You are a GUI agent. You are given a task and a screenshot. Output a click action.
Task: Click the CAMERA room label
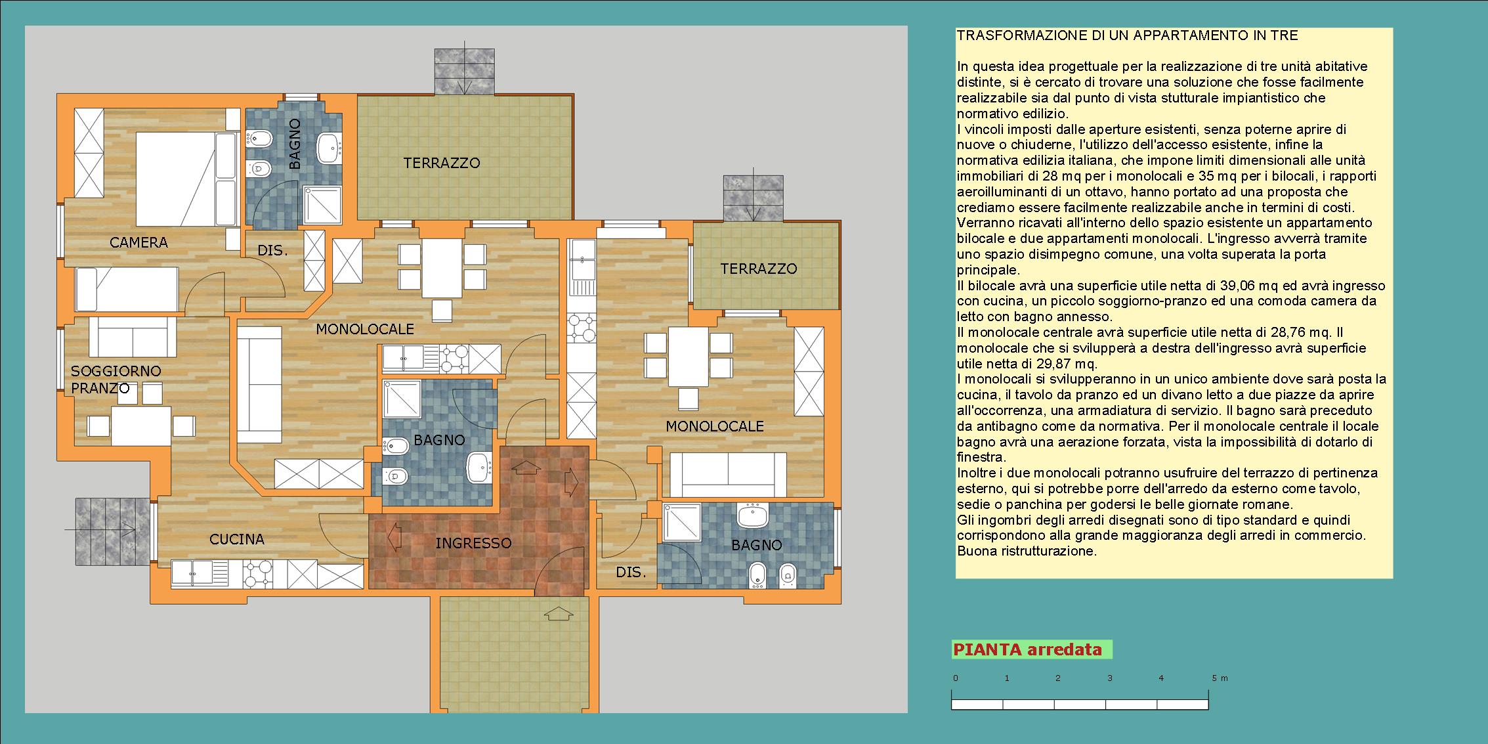pos(138,242)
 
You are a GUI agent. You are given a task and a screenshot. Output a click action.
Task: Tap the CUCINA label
pos(237,539)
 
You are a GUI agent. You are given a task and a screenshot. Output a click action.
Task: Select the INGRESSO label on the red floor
pos(473,543)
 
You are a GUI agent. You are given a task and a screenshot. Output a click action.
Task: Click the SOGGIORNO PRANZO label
pos(116,380)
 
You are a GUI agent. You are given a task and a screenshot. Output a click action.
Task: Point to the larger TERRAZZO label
pos(442,163)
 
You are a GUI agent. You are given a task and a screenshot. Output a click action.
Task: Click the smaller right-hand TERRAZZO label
pos(759,269)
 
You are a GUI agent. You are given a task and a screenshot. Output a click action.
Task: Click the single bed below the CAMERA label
pos(127,288)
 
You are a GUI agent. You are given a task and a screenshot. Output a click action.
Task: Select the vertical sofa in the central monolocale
pos(259,385)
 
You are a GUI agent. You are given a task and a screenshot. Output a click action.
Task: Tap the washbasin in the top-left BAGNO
pos(328,148)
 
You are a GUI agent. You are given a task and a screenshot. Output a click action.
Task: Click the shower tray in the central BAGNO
pos(402,398)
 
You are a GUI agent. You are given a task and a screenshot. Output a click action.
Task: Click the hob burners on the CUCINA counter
pos(258,573)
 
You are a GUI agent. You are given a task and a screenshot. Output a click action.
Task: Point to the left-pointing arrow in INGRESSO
pos(394,536)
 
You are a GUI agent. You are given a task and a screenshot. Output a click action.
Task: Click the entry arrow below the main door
pos(558,613)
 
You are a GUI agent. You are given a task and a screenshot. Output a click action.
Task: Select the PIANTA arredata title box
pos(1032,650)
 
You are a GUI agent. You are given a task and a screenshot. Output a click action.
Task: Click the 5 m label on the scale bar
pos(1220,678)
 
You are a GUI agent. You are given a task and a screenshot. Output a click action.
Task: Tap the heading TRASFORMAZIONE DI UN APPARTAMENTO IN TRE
pos(1128,35)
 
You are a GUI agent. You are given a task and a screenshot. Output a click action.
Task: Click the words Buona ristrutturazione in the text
pos(1027,551)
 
